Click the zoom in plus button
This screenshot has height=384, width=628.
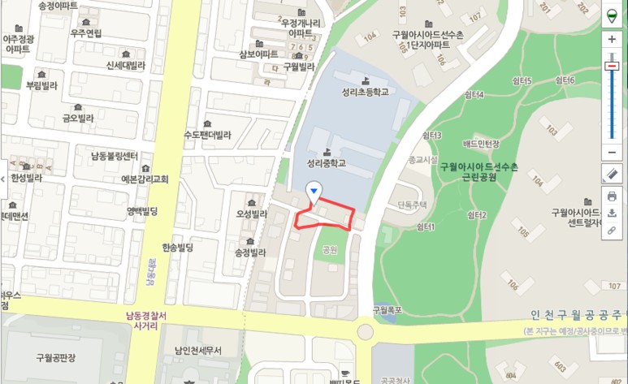pos(612,39)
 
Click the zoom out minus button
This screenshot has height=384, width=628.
pos(612,152)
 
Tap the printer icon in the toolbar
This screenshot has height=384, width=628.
pos(612,196)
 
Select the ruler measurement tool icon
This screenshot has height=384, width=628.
pos(612,174)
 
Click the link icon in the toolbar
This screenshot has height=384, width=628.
pos(612,230)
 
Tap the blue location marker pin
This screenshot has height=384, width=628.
pos(314,191)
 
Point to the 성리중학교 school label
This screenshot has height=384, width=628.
pos(327,162)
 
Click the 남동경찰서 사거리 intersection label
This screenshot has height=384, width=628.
pos(145,320)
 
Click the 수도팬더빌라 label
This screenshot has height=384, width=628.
pos(207,135)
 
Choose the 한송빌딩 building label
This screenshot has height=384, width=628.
pos(177,247)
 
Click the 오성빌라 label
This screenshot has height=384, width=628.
pos(251,214)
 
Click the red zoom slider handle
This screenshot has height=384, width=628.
pos(612,66)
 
